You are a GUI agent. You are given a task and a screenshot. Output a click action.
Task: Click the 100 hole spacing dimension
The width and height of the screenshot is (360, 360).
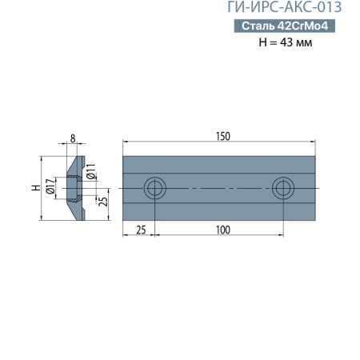222,230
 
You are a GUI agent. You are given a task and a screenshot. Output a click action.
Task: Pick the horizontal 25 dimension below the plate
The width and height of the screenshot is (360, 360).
141,230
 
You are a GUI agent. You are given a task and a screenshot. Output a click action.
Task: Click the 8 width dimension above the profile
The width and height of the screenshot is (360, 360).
73,138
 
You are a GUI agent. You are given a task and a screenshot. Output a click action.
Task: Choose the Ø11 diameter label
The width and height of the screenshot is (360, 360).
90,170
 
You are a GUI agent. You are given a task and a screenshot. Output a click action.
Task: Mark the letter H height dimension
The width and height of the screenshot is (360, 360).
34,188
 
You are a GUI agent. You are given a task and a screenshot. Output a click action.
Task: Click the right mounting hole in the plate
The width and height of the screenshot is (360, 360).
282,189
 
